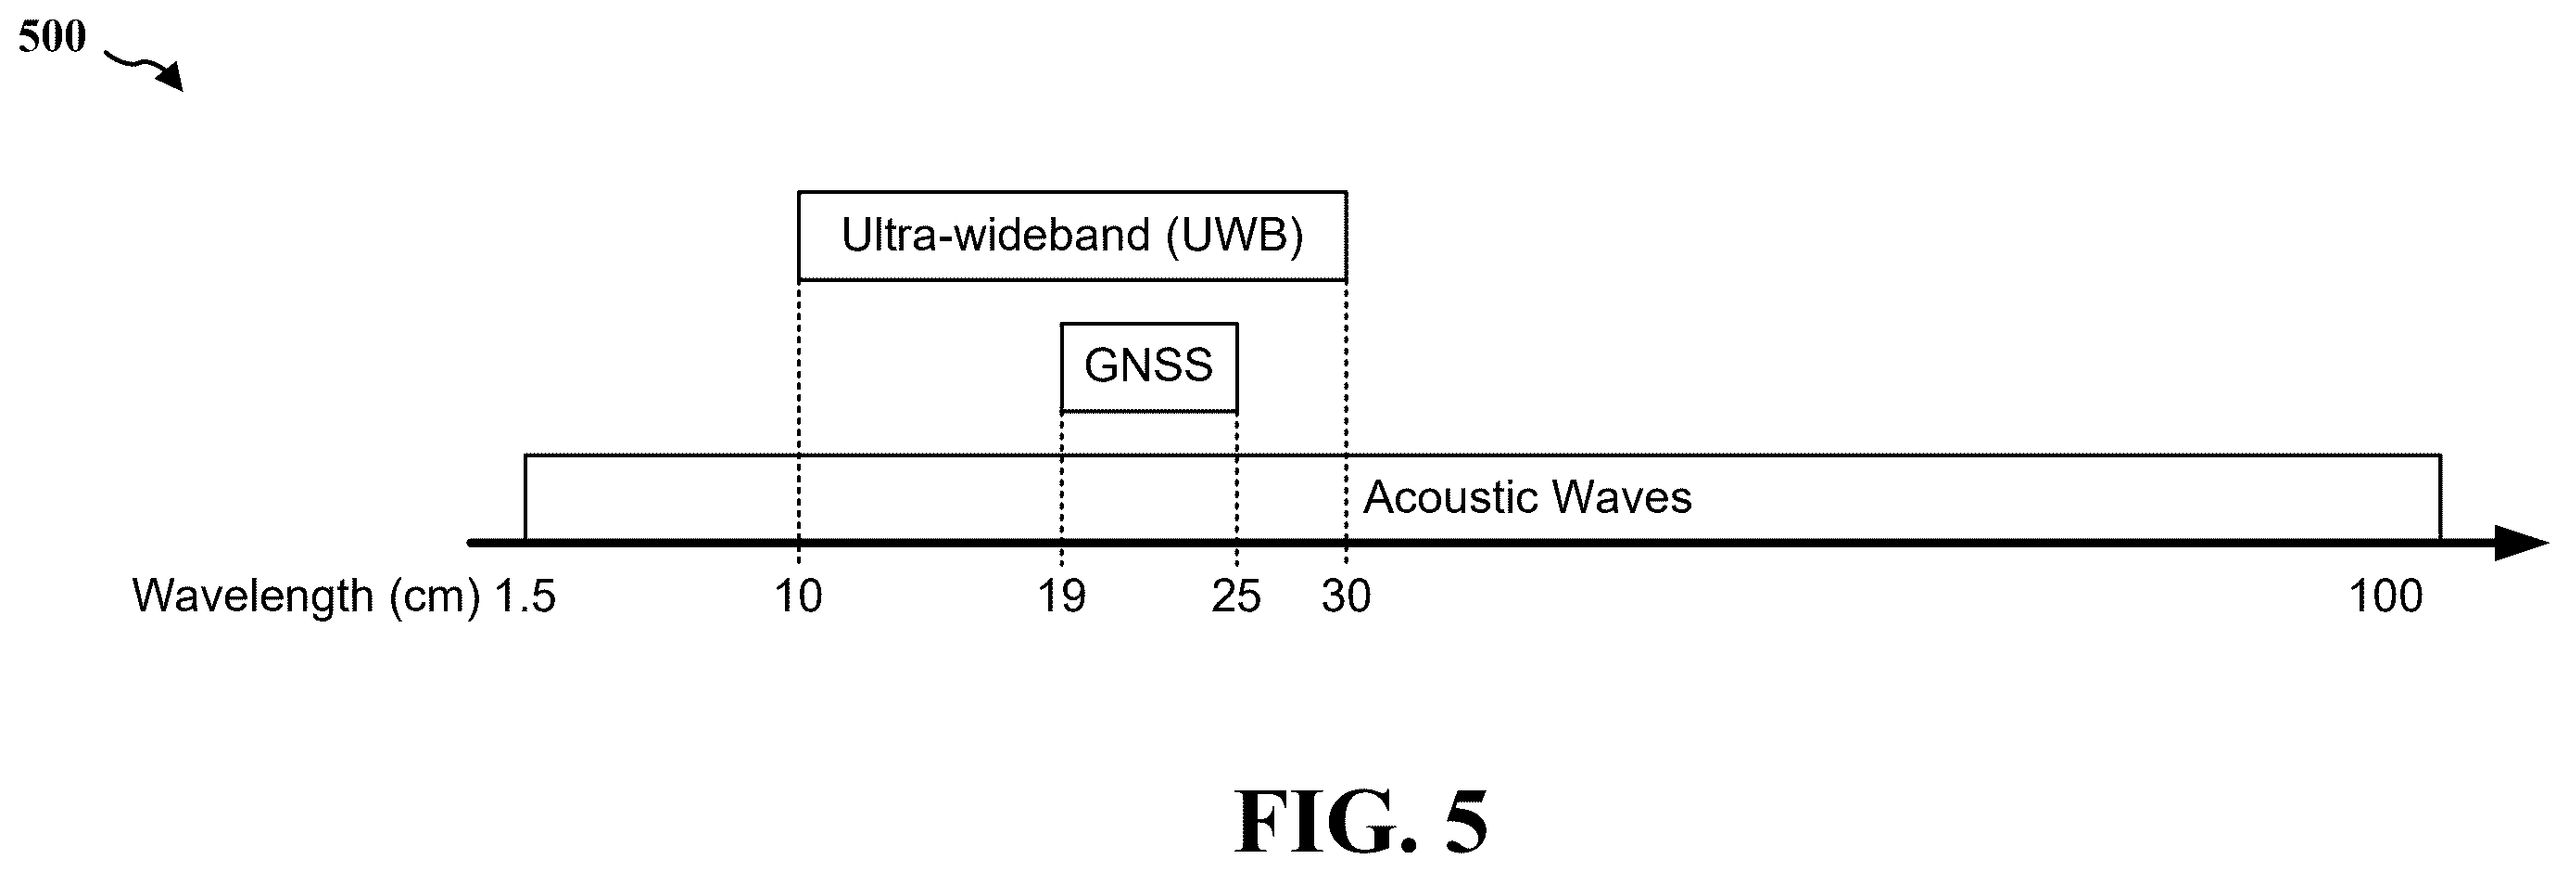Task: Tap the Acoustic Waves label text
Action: [1526, 497]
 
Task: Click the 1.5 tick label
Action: [525, 596]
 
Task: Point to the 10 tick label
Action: [799, 596]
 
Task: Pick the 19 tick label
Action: [1061, 596]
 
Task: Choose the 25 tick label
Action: [1236, 596]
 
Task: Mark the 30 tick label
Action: [1347, 596]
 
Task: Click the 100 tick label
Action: [2385, 596]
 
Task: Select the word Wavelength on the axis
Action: [253, 596]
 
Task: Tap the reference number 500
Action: [52, 37]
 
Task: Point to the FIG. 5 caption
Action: [1361, 822]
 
